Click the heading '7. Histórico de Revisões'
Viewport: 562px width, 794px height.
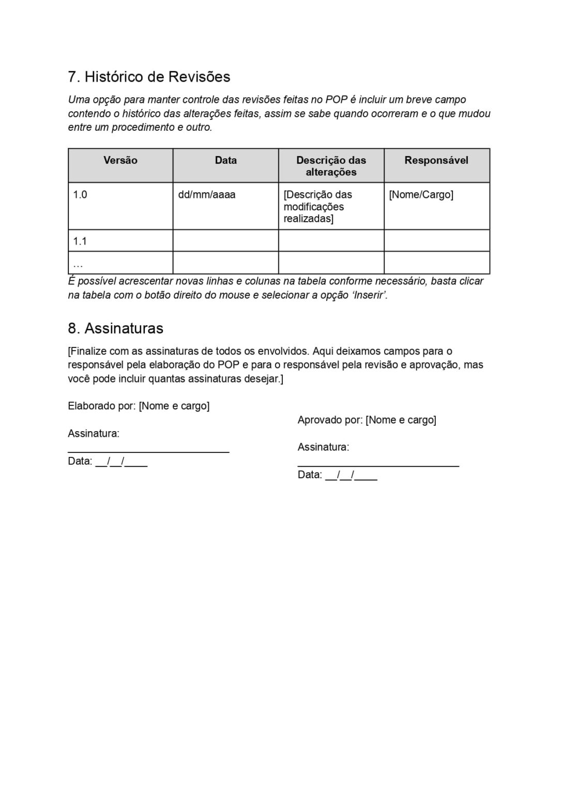coord(149,77)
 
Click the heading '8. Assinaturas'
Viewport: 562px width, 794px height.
coord(115,329)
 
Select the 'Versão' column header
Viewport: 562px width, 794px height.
coord(120,161)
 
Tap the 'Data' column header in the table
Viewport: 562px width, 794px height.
coord(225,161)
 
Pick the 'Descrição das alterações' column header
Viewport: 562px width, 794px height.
coord(331,166)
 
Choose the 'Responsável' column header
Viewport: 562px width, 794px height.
coord(436,161)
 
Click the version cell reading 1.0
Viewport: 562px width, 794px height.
coord(80,195)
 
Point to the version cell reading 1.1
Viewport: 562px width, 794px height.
coord(80,241)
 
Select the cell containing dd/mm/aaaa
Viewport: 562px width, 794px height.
coord(207,195)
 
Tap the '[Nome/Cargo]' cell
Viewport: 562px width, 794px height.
coord(421,195)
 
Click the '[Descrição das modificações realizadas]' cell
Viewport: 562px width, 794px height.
coord(317,207)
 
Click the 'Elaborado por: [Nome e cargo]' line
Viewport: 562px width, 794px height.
coord(139,406)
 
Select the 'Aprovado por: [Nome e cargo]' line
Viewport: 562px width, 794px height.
coord(367,420)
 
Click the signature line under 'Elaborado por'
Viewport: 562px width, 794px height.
coord(148,451)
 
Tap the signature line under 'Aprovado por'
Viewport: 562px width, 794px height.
coord(378,465)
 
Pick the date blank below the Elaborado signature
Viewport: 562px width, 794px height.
coord(121,462)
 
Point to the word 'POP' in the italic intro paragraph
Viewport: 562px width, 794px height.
coord(336,100)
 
